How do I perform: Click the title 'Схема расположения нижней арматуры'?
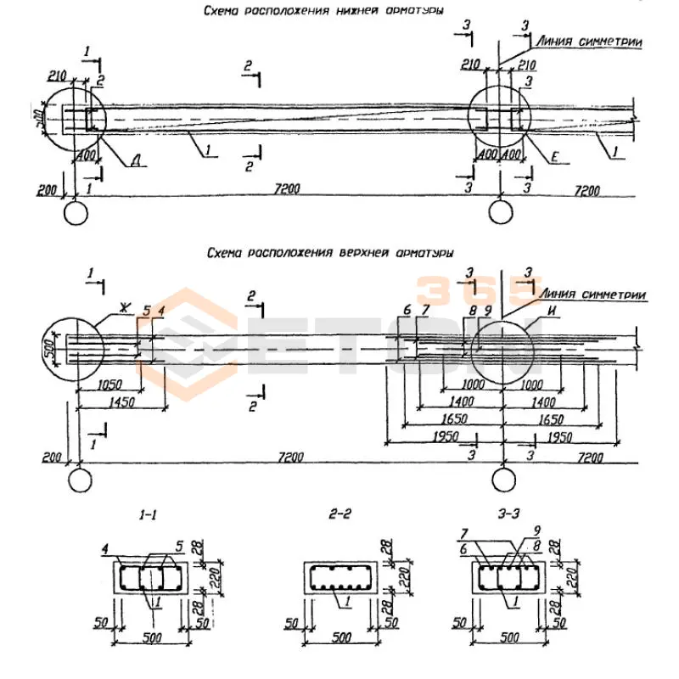point(323,10)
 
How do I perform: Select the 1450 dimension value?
point(121,403)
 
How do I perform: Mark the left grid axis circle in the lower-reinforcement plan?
point(76,211)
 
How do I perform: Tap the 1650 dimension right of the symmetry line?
point(552,418)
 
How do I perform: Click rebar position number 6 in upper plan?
point(407,311)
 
